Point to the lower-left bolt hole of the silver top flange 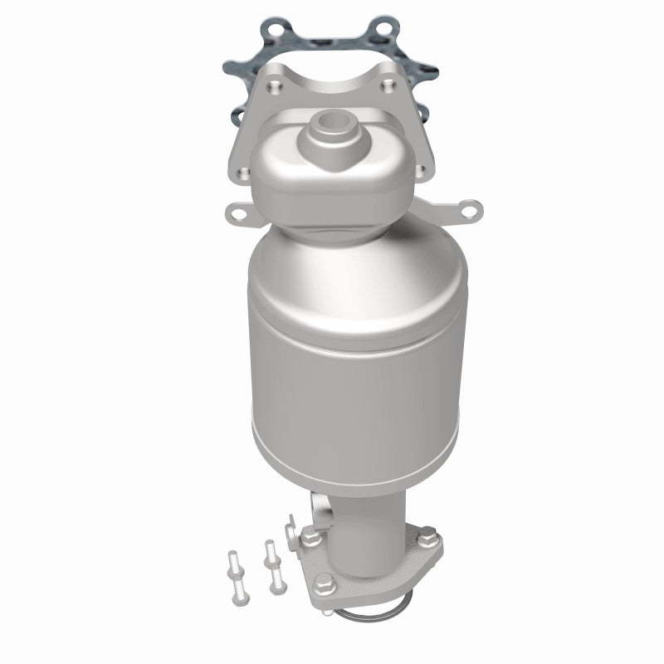[x=242, y=172]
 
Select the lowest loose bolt [x=240, y=593]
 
